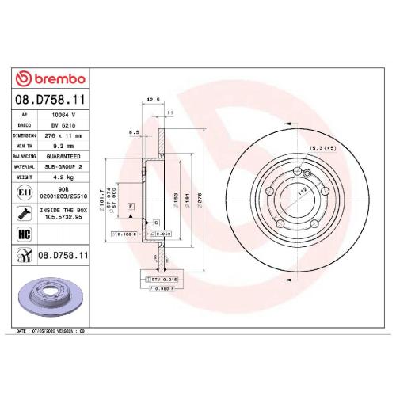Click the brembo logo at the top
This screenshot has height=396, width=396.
[x=51, y=79]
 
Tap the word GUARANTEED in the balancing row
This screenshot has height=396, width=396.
[x=67, y=157]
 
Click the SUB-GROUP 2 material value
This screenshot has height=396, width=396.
[x=67, y=168]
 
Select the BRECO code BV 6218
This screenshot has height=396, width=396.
[x=62, y=124]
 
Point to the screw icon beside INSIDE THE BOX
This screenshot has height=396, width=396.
[x=24, y=212]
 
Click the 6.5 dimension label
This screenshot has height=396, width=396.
[x=135, y=132]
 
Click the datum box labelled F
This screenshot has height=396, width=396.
[x=128, y=206]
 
